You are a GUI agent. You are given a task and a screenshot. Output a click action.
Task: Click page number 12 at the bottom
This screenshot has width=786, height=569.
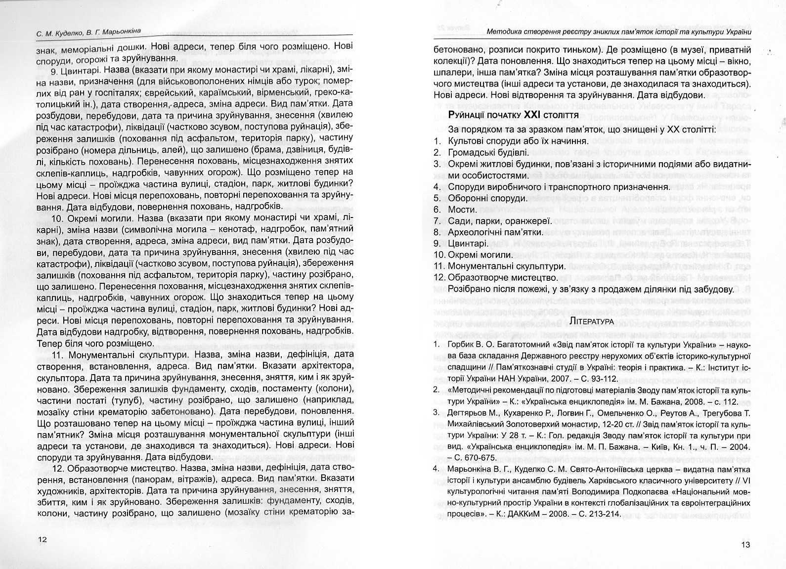tap(43, 539)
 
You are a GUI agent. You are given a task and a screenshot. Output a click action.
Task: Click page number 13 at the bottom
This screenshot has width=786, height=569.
tap(746, 545)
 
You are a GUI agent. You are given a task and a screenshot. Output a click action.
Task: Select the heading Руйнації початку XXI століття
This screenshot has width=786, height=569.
tap(513, 115)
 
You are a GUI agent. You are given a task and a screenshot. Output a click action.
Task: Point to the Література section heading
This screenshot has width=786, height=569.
tap(592, 321)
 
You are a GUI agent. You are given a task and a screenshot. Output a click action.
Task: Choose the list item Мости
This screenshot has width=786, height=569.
tap(463, 209)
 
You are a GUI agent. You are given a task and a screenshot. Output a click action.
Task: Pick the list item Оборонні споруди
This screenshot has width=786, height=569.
tap(487, 198)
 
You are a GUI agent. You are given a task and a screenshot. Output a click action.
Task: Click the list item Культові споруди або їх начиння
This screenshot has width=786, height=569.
tap(511, 141)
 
